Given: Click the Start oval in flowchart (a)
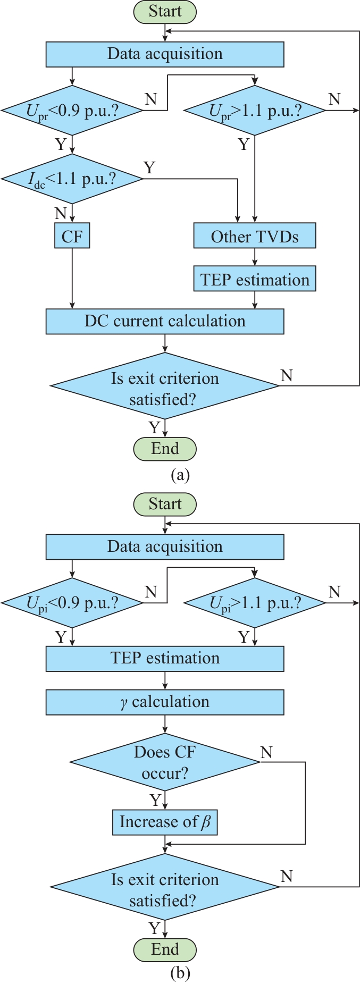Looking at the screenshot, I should [x=165, y=12].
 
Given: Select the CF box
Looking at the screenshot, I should [x=72, y=236].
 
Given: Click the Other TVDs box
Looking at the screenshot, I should [x=255, y=236].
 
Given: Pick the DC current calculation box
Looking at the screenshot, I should [x=165, y=321].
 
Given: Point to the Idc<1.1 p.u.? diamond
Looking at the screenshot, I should [x=72, y=179].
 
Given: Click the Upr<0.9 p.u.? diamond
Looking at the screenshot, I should [x=72, y=111].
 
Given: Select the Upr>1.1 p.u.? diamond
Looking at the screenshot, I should [x=255, y=111].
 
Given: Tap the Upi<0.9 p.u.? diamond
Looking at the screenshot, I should [x=72, y=603].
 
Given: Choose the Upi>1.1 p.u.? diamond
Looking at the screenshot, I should [x=255, y=603].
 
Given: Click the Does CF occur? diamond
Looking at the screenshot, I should [x=165, y=762].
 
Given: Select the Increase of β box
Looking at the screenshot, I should [x=165, y=822].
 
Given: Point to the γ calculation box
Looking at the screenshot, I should [x=165, y=702].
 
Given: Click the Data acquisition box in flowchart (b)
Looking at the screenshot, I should [x=165, y=546].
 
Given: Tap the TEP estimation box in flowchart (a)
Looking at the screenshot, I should [x=255, y=280].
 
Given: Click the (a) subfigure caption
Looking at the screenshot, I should [x=180, y=474].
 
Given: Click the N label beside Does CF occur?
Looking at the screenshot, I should [x=266, y=752].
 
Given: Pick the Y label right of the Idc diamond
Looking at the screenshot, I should [x=149, y=168].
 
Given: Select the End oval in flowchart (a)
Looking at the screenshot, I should [x=165, y=449].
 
